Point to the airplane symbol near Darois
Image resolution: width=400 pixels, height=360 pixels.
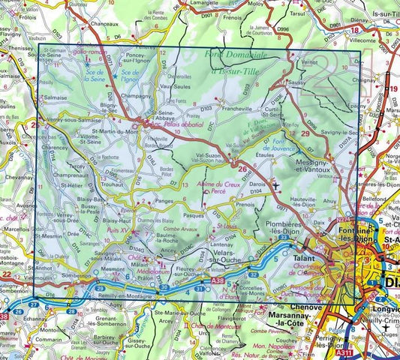[275, 184]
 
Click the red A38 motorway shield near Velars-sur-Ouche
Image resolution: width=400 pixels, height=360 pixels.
[218, 280]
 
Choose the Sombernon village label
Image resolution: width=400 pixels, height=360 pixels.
[77, 276]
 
